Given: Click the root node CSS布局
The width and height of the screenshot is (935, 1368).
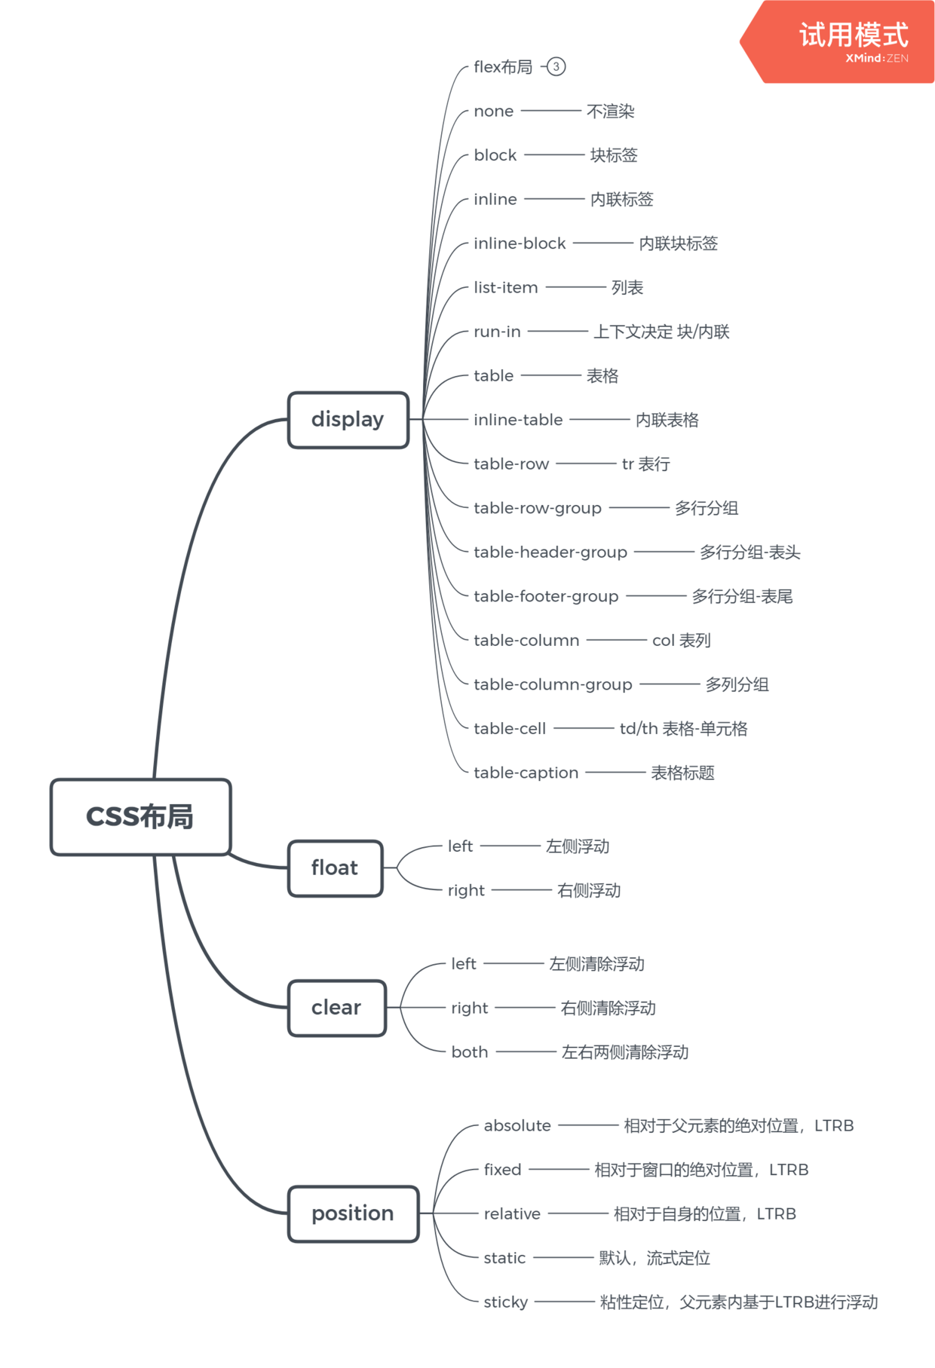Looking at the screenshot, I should pos(140,817).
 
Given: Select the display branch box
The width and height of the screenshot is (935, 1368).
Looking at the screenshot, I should pos(348,420).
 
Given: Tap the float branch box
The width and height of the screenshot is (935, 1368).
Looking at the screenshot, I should pos(335,868).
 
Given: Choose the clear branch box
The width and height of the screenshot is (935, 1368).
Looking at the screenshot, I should pos(336,1008).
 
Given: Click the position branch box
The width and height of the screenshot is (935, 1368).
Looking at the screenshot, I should pos(353,1213).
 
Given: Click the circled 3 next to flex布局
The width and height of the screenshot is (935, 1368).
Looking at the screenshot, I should pos(556,66).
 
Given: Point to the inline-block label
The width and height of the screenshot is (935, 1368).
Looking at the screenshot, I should pos(520,243).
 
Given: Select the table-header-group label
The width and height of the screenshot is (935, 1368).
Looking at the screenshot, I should pos(550,552).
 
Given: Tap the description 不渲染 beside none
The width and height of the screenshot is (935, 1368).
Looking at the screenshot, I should pos(610,112).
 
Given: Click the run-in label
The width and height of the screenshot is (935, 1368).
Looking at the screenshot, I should pos(497,332).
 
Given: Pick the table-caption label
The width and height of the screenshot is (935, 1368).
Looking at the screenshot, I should pos(526,773).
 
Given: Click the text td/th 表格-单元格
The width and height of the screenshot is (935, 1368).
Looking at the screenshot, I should pos(683,729).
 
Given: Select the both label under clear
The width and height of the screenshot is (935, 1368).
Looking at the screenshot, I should pos(469,1052).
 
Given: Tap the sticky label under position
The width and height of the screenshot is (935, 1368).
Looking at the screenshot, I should pos(505,1302).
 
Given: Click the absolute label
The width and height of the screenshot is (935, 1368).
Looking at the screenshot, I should pos(517,1126).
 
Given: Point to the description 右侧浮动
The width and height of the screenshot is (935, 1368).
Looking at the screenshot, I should pos(588,891).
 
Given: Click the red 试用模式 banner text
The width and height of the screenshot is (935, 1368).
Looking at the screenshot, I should pos(854,35).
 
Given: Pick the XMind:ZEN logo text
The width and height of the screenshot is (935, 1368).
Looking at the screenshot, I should pos(876,59).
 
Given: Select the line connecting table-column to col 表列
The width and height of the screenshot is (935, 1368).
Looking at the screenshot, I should pos(616,640).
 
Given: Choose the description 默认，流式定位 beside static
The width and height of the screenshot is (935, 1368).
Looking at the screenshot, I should pos(654,1258).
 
